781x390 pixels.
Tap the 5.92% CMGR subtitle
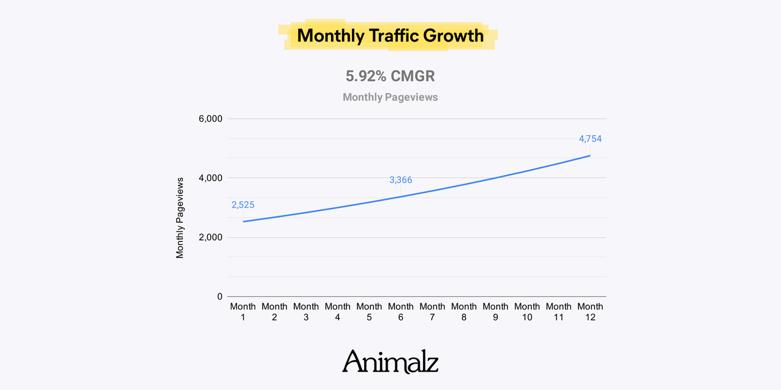(390, 76)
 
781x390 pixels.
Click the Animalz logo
(390, 361)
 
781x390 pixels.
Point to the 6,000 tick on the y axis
(211, 119)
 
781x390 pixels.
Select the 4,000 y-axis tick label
(211, 178)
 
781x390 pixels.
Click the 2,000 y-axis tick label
(211, 237)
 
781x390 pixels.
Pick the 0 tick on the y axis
(220, 296)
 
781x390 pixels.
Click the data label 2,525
(243, 205)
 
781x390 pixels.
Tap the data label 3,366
(401, 180)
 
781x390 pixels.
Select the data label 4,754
(590, 139)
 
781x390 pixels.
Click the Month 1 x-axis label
(243, 312)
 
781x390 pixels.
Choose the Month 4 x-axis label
(338, 312)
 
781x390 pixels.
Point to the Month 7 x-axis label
(433, 312)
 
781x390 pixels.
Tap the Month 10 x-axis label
(527, 312)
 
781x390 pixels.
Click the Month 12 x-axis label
(590, 312)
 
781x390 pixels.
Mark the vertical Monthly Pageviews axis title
(180, 218)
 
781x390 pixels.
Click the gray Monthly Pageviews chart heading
(390, 97)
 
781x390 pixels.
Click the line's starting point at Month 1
(244, 221)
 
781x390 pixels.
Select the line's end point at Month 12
(590, 155)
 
